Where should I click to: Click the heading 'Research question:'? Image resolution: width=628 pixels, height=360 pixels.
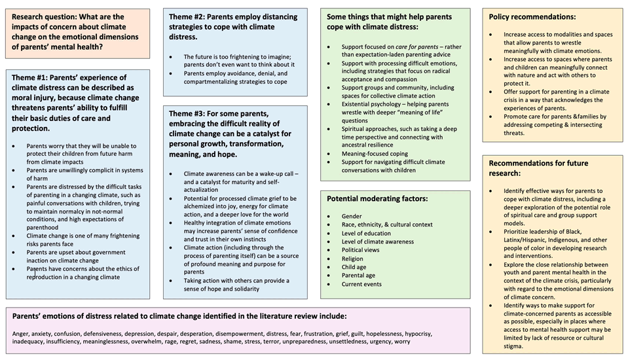(47, 16)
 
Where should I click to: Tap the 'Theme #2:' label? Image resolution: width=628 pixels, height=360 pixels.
(191, 16)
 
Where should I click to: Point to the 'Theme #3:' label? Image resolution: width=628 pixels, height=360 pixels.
(190, 113)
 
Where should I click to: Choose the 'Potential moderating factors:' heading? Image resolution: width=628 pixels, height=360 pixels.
(377, 198)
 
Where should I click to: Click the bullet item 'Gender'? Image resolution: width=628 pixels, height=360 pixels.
(351, 216)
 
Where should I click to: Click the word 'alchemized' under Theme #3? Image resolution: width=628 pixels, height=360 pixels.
(197, 206)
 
